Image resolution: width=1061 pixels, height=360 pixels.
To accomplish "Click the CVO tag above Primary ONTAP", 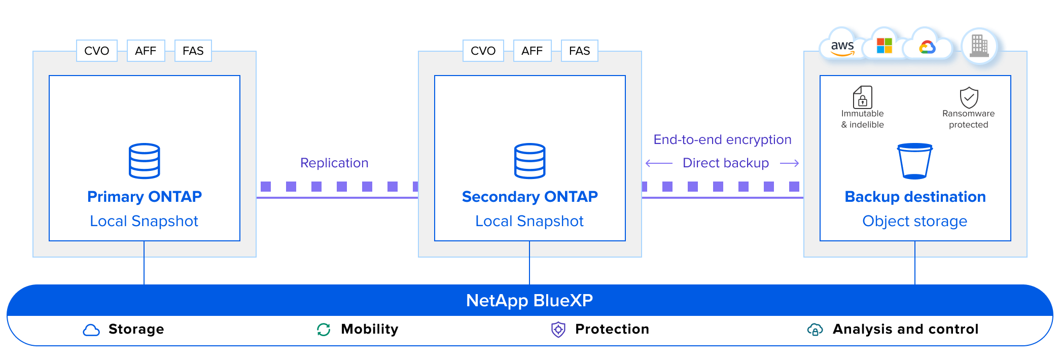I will pos(97,51).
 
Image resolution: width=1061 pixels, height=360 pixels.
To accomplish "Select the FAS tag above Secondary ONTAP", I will pos(579,51).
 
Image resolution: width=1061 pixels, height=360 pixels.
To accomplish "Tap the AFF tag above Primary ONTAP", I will pos(146,51).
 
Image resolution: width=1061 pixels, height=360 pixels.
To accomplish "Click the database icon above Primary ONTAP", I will pos(145,161).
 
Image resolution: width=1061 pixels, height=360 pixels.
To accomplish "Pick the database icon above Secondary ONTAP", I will pos(530,161).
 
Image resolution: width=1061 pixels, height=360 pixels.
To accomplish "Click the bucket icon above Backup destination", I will pos(915,161).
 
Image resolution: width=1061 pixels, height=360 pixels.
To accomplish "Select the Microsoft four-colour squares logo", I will pos(885,46).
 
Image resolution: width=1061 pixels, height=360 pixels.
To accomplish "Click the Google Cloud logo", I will pos(927,47).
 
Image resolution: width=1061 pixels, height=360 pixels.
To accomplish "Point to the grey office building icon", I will pos(979,46).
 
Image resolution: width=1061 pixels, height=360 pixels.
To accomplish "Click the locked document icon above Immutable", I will pos(862,97).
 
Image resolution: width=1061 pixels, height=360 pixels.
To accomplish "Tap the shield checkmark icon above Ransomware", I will pos(969,97).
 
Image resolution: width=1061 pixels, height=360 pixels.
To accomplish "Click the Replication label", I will pos(334,163).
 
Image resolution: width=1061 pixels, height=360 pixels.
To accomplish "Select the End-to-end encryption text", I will pos(722,139).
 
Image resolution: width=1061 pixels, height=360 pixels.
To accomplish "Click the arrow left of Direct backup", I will pos(659,163).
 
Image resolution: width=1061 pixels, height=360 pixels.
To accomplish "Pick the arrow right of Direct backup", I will pos(789,163).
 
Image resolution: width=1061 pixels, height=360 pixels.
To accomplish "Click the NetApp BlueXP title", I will pos(529,300).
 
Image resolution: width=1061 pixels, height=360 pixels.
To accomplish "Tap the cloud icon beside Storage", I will pos(91,330).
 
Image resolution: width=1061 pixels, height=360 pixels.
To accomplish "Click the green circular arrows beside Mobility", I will pos(324,330).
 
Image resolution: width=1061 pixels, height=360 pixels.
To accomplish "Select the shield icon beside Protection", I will pos(558,330).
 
